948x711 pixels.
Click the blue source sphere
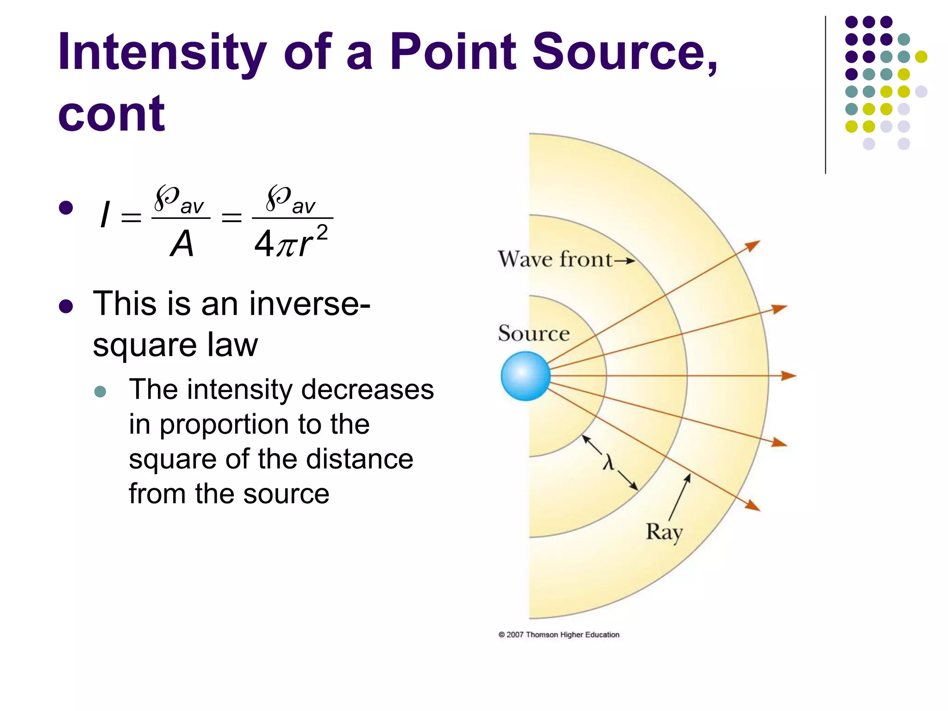point(525,376)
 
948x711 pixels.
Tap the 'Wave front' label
point(555,259)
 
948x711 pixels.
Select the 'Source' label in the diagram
point(534,333)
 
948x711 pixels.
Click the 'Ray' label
point(664,532)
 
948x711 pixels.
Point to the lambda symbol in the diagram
point(608,462)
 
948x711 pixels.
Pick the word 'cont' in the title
point(111,113)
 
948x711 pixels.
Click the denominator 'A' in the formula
point(181,243)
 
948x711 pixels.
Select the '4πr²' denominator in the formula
point(291,242)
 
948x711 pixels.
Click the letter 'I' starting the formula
point(105,215)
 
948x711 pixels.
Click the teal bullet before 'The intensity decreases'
point(100,392)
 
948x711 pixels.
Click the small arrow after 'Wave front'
point(624,261)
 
